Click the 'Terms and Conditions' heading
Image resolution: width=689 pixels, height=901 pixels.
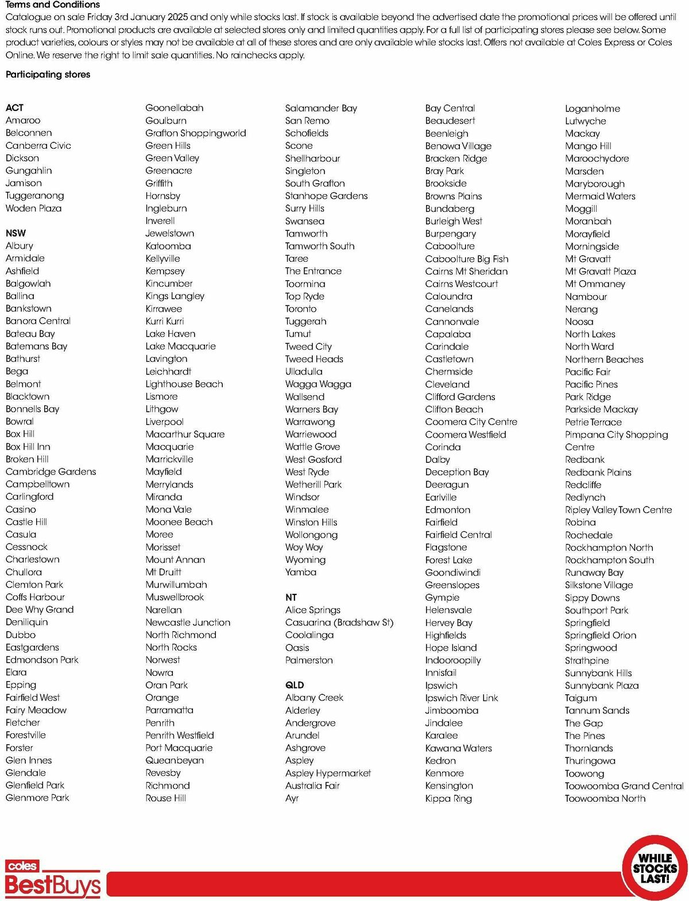tap(53, 5)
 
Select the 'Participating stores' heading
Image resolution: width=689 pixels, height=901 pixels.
tap(48, 75)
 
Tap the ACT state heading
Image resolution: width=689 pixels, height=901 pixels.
tap(14, 108)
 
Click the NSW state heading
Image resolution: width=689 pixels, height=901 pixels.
tap(16, 233)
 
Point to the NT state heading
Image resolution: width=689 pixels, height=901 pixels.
tap(291, 597)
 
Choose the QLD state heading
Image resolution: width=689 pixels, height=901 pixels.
tap(295, 685)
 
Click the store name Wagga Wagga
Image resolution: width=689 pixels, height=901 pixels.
tap(318, 384)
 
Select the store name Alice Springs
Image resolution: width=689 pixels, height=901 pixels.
tap(313, 610)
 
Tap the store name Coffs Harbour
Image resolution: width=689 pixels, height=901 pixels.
tap(35, 597)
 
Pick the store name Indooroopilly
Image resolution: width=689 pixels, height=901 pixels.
tap(453, 660)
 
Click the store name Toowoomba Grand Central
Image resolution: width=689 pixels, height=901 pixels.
tap(624, 786)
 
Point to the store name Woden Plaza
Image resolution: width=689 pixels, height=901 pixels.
tap(33, 208)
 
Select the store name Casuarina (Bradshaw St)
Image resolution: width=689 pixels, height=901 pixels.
tap(339, 622)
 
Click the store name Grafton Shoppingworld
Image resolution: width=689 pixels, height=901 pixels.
tap(196, 133)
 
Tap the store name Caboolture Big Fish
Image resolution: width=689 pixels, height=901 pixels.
tap(467, 259)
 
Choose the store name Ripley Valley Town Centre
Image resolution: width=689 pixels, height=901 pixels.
tap(618, 510)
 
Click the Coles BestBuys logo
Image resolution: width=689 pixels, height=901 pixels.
tap(53, 879)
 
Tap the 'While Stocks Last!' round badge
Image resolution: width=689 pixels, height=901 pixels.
tap(655, 868)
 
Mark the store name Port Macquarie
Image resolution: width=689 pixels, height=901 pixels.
tap(179, 748)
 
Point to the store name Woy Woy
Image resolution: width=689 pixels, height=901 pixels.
tap(304, 547)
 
